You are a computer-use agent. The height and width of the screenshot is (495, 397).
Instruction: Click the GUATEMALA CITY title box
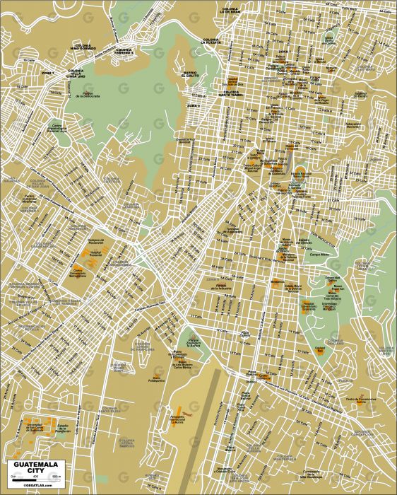[36, 467]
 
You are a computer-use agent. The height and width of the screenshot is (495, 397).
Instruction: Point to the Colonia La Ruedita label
[212, 40]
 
